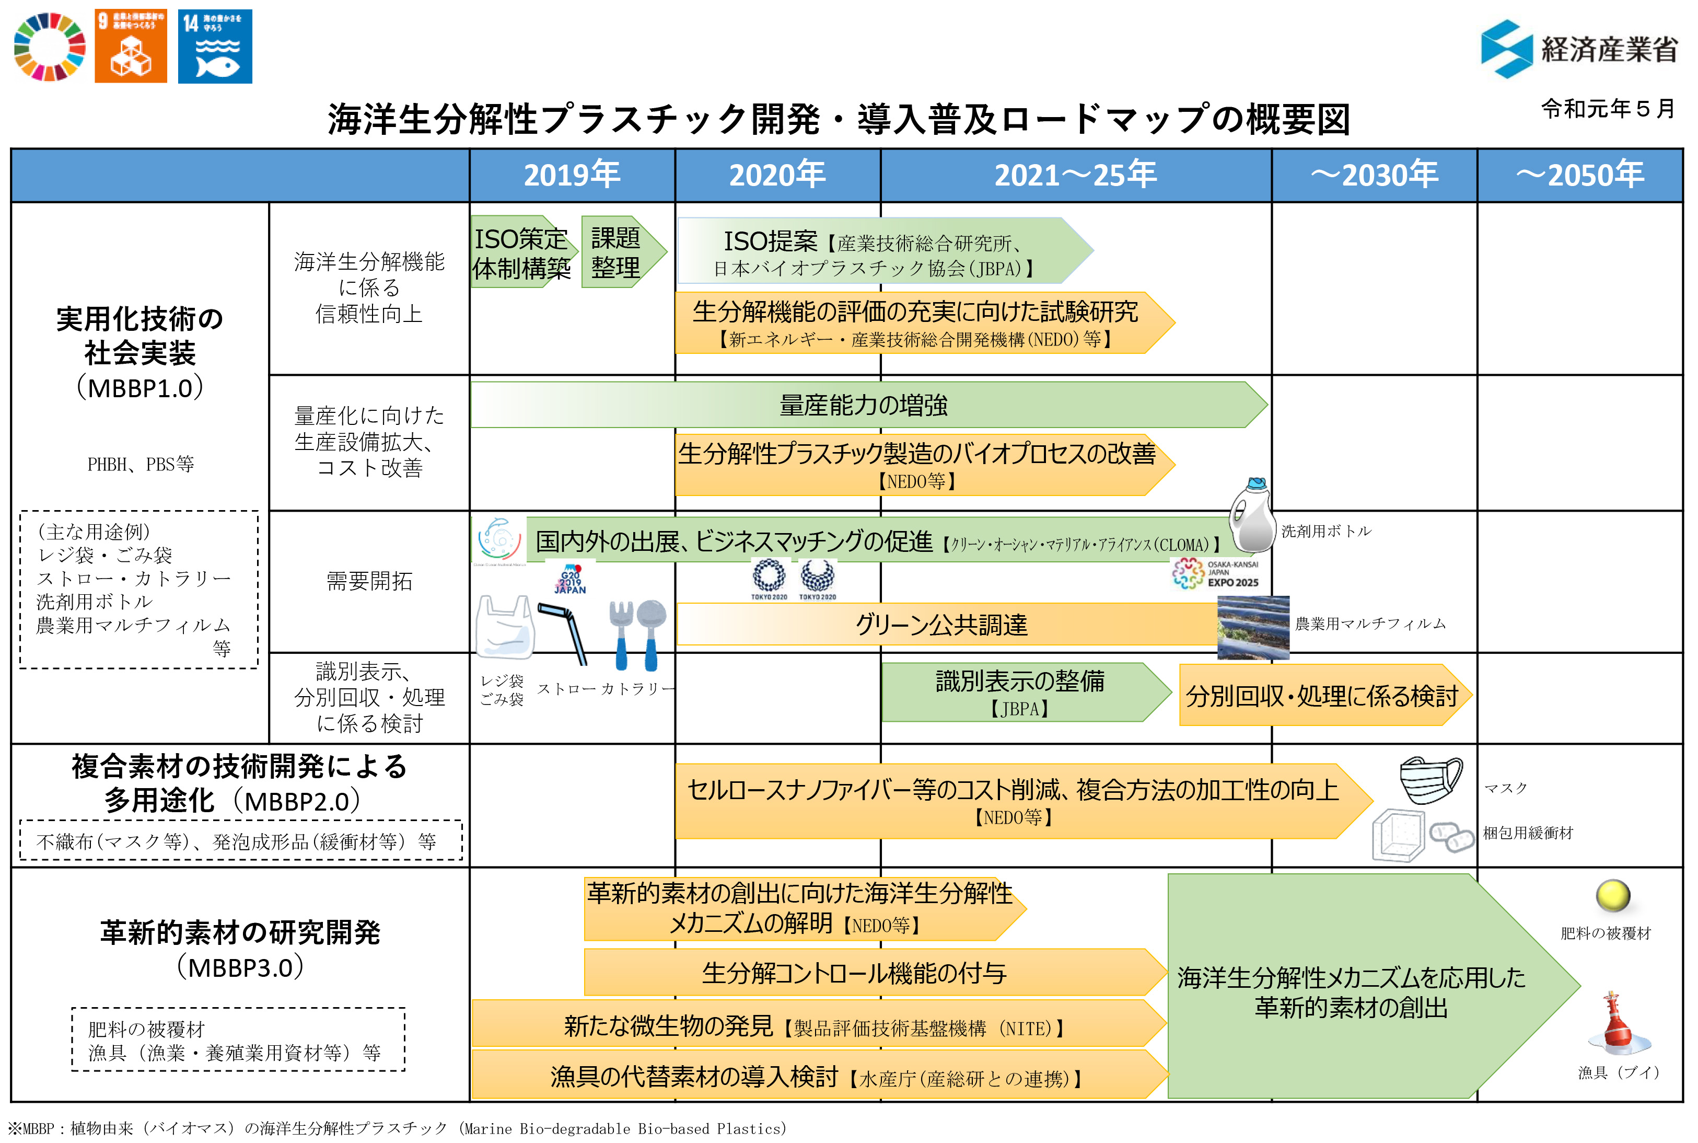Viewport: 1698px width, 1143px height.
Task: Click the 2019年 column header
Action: pos(572,175)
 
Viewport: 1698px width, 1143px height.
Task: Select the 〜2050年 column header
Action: pos(1579,175)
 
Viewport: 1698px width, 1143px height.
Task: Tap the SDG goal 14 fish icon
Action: pos(215,47)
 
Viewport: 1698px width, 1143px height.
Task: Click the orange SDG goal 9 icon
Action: pos(131,47)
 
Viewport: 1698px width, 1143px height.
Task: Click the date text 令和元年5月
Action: pos(1608,109)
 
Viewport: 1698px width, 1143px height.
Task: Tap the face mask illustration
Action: pos(1430,779)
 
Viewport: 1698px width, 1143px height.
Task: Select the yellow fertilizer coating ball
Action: pos(1613,895)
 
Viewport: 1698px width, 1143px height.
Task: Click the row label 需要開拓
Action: pos(369,581)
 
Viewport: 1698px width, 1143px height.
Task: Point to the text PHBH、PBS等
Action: pos(141,464)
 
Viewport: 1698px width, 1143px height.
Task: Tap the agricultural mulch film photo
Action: pos(1253,627)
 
